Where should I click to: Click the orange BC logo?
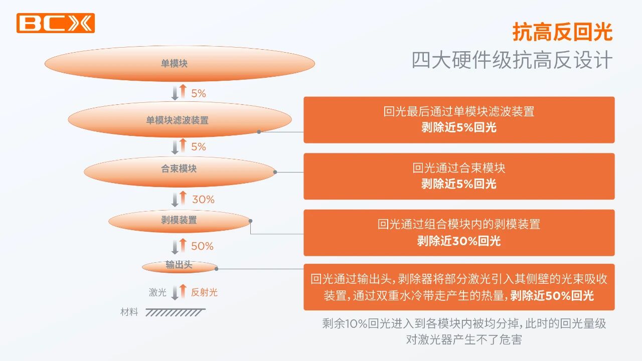pos(56,23)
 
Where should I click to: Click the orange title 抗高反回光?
pos(562,32)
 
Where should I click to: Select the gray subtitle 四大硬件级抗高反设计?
pos(512,60)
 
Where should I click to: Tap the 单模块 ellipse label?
pos(174,63)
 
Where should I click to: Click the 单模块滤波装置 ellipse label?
pos(178,120)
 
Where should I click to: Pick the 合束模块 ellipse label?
pos(179,168)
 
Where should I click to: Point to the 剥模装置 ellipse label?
pos(179,220)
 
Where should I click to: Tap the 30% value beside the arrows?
pos(203,200)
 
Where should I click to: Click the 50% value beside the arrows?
pos(202,246)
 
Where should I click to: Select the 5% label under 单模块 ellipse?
pos(199,93)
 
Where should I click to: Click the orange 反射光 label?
pos(204,292)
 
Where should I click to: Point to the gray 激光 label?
pos(157,292)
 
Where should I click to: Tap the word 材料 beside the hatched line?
pos(129,312)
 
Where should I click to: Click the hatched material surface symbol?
pos(176,312)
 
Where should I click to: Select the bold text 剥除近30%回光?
pos(459,241)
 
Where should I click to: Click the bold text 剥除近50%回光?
pos(552,295)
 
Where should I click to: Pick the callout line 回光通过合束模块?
pos(459,168)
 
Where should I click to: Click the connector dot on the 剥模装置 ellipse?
pos(250,221)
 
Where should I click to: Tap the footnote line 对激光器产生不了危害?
pos(464,339)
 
